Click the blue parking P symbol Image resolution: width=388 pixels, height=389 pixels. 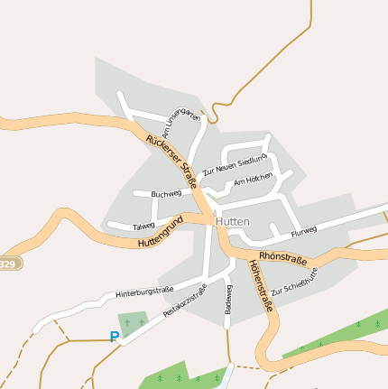point(114,338)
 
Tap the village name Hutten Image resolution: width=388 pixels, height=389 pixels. point(233,220)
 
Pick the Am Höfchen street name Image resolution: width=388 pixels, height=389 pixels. point(253,181)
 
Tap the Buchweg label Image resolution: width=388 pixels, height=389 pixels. point(167,193)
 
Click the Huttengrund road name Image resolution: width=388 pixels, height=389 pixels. point(161,233)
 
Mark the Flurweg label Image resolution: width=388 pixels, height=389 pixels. point(304,230)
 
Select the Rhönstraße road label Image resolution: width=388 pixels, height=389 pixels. point(282,260)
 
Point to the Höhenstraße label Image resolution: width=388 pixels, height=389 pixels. point(259,286)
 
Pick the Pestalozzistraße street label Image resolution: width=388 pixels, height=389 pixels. point(185,301)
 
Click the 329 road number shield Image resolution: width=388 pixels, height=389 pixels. point(7,264)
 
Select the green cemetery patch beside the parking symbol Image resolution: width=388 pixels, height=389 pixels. point(134,322)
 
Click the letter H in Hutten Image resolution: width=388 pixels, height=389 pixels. point(219,220)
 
